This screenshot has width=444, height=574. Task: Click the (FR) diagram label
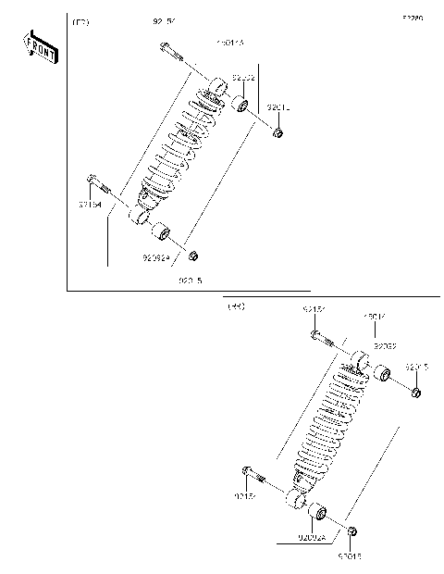tap(80, 20)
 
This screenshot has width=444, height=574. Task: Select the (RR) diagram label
tap(236, 306)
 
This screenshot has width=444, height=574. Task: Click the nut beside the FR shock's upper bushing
tap(277, 135)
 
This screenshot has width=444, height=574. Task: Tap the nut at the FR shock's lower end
tap(192, 255)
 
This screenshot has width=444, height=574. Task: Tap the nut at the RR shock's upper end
tap(415, 393)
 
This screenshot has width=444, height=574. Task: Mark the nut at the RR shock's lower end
tap(352, 531)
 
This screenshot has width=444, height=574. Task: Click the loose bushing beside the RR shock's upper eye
tap(381, 375)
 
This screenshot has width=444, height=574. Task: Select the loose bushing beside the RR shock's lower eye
tap(316, 511)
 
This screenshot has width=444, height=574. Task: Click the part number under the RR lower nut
tap(350, 557)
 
